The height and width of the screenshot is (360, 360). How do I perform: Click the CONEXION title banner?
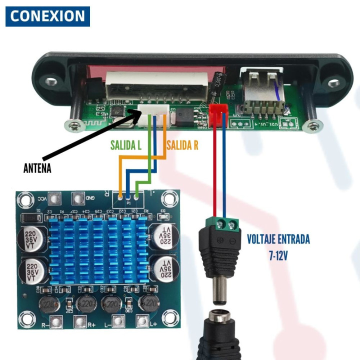coord(48,16)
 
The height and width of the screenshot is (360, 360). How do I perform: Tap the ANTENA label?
coord(37,168)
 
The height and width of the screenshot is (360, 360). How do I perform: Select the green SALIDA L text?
coord(126,145)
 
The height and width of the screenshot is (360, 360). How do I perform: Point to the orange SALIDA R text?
coord(182,145)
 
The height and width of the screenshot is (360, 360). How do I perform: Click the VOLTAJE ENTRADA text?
coord(278,239)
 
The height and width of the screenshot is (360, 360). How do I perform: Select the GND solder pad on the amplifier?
coord(77,199)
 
